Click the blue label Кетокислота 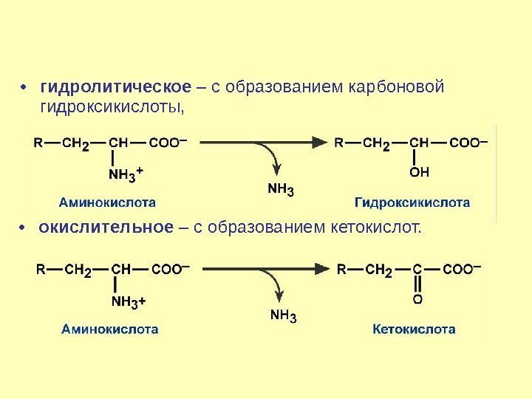click(414, 329)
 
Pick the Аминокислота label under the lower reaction click(109, 329)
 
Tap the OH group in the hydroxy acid click(418, 173)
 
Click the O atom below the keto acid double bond click(418, 300)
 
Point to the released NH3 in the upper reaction click(281, 191)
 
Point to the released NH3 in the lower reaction click(282, 318)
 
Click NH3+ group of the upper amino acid click(126, 174)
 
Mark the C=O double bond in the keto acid click(418, 284)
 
